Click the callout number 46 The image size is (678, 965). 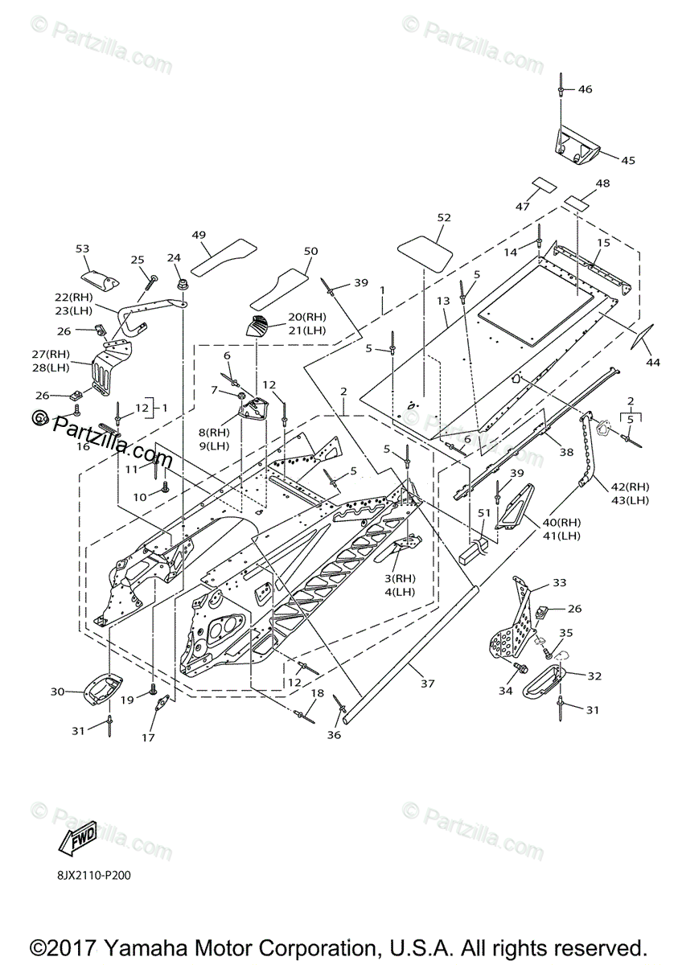point(584,89)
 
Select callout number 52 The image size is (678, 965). point(443,218)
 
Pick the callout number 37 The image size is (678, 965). point(427,684)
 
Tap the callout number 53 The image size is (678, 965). point(82,249)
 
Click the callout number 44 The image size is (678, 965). point(652,363)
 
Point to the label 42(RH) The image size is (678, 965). point(629,487)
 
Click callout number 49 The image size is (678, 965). point(199,234)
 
